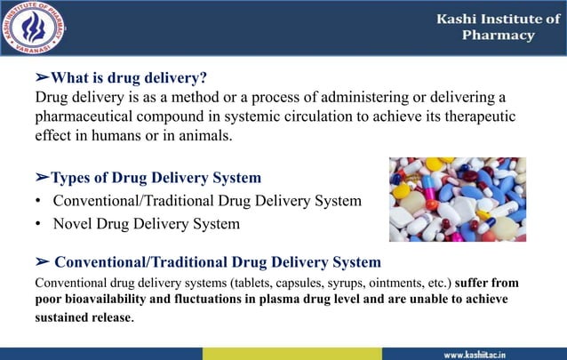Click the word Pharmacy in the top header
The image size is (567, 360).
[x=499, y=36]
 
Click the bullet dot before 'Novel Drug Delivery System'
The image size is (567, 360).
[x=39, y=224]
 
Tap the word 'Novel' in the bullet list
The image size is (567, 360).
[x=73, y=224]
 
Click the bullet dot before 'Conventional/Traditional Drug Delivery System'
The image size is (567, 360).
[x=39, y=201]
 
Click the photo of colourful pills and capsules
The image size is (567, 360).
[x=457, y=199]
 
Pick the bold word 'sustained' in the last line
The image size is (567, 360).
[x=66, y=317]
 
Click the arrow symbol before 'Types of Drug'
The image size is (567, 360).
[x=42, y=178]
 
